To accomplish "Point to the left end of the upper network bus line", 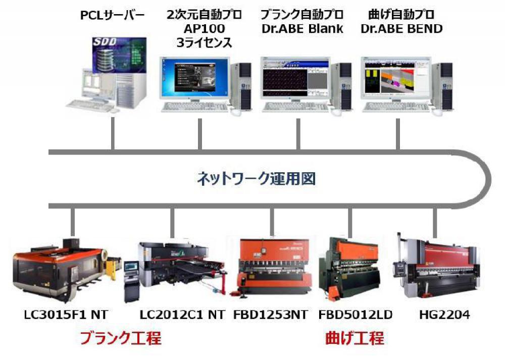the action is [49, 152].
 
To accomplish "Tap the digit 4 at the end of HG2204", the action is [466, 315].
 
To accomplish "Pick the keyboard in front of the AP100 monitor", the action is [195, 107].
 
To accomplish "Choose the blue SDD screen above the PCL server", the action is [120, 56].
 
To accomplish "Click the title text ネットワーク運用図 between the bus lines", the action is [256, 179].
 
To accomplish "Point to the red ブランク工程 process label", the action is [120, 338].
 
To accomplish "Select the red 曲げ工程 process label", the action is [355, 338].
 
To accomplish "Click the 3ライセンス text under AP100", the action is [204, 43].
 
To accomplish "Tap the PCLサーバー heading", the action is [113, 15].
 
